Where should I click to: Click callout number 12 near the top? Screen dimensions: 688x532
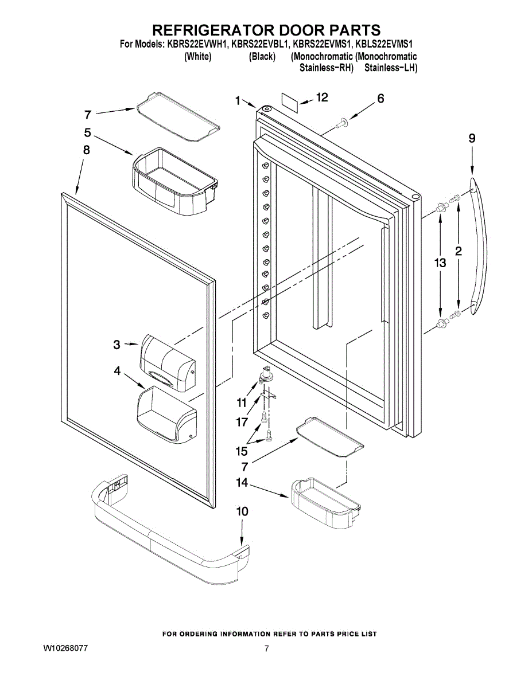pyautogui.click(x=322, y=97)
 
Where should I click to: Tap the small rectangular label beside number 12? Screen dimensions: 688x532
pyautogui.click(x=290, y=101)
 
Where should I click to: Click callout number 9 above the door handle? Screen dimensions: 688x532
pyautogui.click(x=472, y=138)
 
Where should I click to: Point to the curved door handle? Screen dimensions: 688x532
pyautogui.click(x=481, y=247)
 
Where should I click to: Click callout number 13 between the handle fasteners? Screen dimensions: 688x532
pyautogui.click(x=440, y=263)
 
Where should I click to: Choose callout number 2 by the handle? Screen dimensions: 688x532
pyautogui.click(x=459, y=251)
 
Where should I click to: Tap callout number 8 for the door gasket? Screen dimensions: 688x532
pyautogui.click(x=86, y=150)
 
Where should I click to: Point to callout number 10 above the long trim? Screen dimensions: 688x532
pyautogui.click(x=242, y=511)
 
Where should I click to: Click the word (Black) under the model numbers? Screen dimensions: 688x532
pyautogui.click(x=262, y=57)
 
